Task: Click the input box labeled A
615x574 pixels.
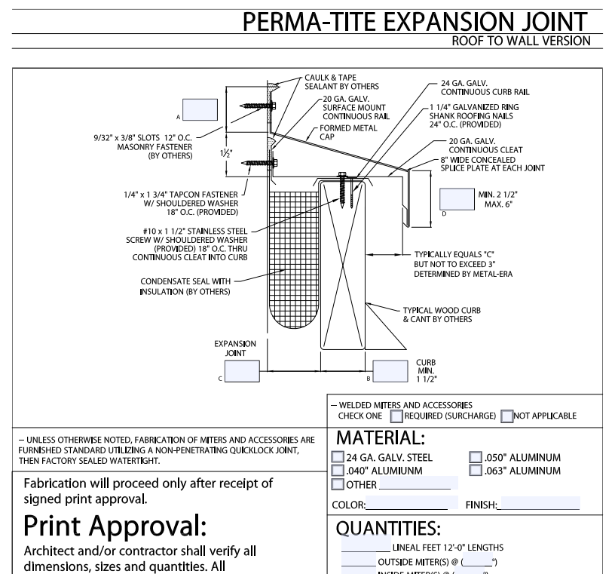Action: point(200,110)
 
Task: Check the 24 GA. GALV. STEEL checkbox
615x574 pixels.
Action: point(338,457)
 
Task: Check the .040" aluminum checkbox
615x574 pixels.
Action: point(338,471)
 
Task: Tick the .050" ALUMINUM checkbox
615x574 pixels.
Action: point(475,457)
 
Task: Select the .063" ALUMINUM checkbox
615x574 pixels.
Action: point(475,471)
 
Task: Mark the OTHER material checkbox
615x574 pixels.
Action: point(338,484)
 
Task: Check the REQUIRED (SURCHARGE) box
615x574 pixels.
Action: point(396,416)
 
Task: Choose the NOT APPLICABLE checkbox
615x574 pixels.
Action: point(507,416)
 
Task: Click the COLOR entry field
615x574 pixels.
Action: point(412,504)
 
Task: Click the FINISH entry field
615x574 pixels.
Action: point(539,504)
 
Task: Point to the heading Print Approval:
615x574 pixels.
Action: point(116,525)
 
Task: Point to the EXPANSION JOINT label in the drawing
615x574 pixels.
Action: point(235,348)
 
